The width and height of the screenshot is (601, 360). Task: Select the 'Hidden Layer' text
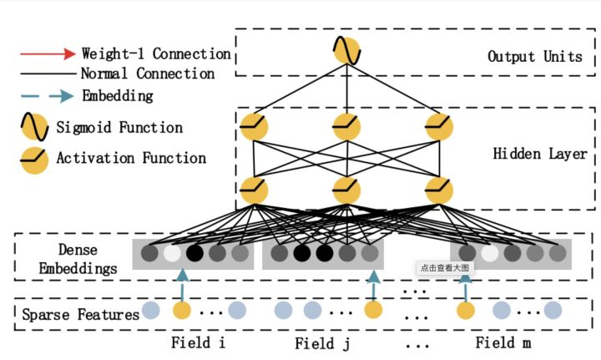coord(539,155)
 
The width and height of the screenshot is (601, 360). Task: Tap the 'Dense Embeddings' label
coord(69,258)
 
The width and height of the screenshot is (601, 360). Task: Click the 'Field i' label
coord(199,342)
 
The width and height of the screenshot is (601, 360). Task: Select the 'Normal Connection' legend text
coord(146,74)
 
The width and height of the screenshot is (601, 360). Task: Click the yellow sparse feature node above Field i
coord(182,312)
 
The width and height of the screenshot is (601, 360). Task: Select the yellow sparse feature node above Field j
coord(373,312)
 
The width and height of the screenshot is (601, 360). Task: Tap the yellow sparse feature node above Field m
coord(467,312)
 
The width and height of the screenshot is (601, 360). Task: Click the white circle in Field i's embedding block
coord(173,253)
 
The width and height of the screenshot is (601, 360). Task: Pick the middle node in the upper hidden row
coord(346,127)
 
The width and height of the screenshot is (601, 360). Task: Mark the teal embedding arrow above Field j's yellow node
coord(373,285)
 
